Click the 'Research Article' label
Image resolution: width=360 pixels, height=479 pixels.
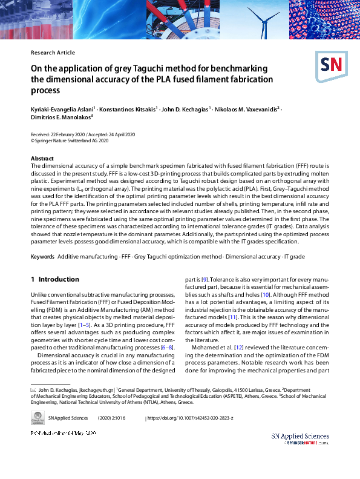point(53,53)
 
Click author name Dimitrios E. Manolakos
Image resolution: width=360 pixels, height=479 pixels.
point(60,117)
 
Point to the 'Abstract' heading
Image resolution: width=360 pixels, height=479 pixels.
point(42,158)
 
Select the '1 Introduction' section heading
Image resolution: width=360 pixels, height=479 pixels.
point(54,279)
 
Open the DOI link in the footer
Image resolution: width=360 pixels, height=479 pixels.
point(191,418)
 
